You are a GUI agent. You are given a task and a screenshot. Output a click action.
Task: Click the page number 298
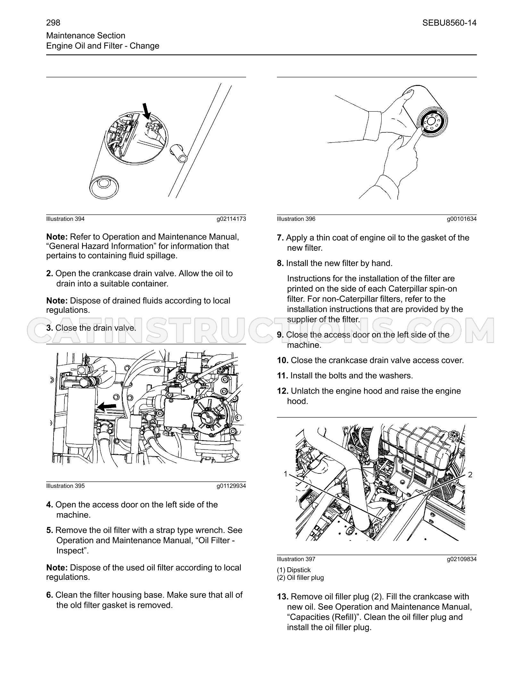click(x=53, y=23)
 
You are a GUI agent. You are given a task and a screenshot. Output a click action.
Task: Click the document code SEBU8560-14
click(x=449, y=23)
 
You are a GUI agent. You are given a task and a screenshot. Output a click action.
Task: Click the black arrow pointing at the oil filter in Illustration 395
click(x=107, y=407)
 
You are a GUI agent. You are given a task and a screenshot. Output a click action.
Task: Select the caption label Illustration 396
click(x=296, y=219)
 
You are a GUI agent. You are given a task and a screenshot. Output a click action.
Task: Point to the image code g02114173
click(x=231, y=219)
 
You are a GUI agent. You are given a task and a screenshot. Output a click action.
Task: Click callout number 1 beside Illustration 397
click(x=286, y=474)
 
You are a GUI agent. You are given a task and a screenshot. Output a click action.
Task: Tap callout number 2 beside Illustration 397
click(x=470, y=475)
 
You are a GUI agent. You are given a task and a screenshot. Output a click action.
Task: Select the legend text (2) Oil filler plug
click(x=300, y=578)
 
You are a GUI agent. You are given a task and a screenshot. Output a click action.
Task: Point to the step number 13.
click(x=283, y=597)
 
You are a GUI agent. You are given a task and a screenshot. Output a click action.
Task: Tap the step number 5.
click(x=50, y=530)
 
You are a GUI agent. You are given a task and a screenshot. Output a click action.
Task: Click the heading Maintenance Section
click(x=86, y=36)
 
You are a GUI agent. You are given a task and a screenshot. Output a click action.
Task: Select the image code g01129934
click(x=231, y=486)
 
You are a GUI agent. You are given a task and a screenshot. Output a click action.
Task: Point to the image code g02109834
click(x=462, y=559)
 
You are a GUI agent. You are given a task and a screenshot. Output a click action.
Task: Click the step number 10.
click(x=283, y=360)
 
